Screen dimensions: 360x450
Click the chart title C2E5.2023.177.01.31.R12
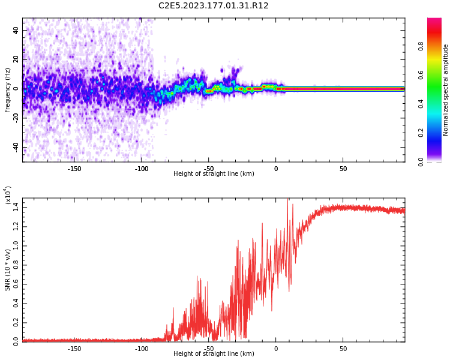point(214,6)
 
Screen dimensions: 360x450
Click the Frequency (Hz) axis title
point(8,90)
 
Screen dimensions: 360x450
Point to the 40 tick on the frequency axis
point(16,30)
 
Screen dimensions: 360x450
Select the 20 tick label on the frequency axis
point(16,59)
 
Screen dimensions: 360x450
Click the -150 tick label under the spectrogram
point(74,169)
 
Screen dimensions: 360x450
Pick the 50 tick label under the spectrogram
point(343,169)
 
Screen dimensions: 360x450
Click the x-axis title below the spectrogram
point(214,174)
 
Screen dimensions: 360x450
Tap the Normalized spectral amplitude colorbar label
point(446,90)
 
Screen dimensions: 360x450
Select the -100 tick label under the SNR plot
point(142,349)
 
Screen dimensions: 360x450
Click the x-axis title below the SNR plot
point(214,354)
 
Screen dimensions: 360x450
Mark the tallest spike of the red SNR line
point(287,199)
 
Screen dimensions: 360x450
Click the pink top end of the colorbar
point(434,22)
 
